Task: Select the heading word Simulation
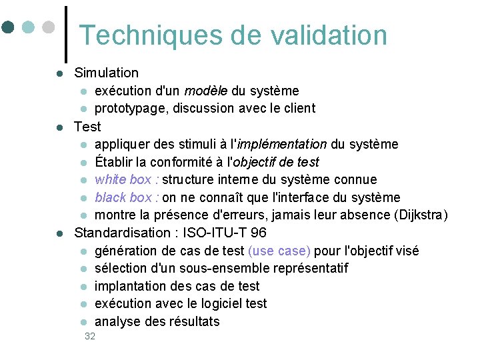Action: click(x=107, y=73)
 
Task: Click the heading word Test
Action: click(x=87, y=127)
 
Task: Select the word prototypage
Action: click(x=131, y=109)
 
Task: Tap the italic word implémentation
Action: click(x=281, y=145)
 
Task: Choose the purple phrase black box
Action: click(x=123, y=197)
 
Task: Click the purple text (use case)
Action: click(x=279, y=251)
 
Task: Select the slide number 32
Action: click(x=90, y=337)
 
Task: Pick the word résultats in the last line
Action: click(x=195, y=322)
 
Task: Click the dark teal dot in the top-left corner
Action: click(x=9, y=27)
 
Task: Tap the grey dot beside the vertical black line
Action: click(x=49, y=27)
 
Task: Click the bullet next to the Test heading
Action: click(x=59, y=127)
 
